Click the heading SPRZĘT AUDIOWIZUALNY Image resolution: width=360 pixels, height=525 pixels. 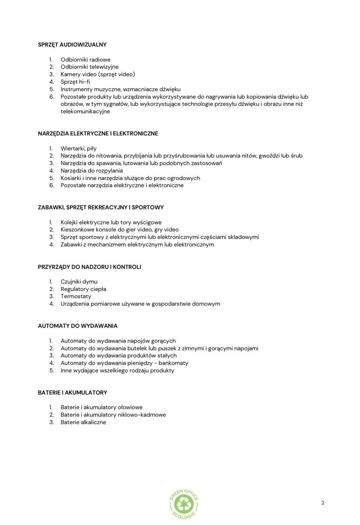72,45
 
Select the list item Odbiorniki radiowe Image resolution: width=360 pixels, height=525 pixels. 85,60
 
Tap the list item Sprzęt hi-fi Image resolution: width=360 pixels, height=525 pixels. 75,82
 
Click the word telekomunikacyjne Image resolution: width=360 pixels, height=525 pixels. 85,112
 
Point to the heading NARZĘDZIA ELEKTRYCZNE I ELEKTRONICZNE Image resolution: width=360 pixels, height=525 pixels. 98,134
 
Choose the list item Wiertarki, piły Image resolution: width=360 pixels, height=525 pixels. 78,149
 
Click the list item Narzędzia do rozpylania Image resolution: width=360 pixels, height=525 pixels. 91,171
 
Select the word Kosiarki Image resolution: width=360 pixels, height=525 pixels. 71,178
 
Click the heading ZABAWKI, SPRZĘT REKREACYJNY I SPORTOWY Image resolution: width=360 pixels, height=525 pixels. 101,207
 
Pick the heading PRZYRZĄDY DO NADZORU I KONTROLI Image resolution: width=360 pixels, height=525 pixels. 89,267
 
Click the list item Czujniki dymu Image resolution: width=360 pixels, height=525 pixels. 79,282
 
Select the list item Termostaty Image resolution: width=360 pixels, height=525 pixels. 76,296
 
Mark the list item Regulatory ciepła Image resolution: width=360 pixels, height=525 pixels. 83,289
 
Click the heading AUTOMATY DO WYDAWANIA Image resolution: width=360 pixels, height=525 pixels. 78,326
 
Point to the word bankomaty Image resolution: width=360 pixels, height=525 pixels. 173,363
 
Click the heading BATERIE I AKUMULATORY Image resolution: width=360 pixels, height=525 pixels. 73,393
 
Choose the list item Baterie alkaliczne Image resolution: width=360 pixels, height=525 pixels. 83,422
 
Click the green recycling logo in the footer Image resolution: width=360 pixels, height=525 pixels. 184,504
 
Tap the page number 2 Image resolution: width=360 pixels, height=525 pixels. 323,503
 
